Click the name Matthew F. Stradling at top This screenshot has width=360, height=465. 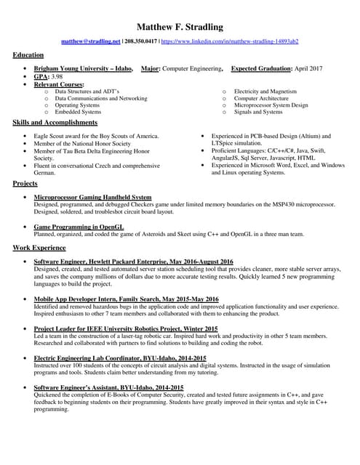pos(180,27)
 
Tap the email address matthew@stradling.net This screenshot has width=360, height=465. pos(91,42)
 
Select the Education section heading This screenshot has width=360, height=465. pos(28,55)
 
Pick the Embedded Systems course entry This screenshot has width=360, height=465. pos(78,112)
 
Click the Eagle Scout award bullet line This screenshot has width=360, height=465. pos(96,136)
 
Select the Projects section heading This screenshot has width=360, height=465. pos(25,184)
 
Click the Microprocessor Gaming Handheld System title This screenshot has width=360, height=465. pos(93,197)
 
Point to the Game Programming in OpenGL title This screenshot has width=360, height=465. pos(81,227)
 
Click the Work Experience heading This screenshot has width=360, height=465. pos(39,248)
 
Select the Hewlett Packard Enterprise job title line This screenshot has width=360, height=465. pos(133,261)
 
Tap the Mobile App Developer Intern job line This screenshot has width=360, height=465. pos(126,299)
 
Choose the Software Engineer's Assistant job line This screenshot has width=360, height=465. pos(109,388)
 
